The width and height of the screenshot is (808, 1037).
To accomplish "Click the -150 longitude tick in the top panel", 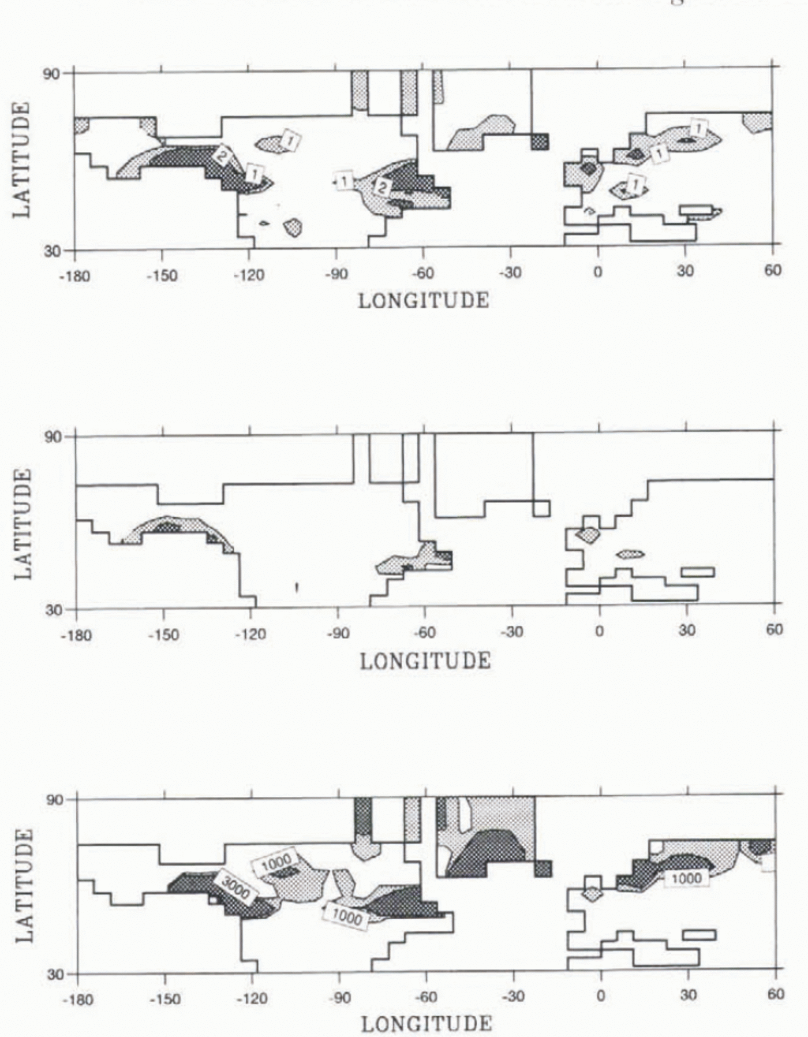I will [162, 275].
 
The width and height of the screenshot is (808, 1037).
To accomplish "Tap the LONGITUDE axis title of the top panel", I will [424, 301].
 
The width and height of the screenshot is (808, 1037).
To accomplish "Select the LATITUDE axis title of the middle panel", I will [22, 523].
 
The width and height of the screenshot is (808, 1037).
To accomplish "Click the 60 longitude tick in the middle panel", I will [775, 629].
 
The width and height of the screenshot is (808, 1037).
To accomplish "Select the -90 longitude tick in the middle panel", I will [338, 634].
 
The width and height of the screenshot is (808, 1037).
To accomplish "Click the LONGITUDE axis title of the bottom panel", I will [427, 1024].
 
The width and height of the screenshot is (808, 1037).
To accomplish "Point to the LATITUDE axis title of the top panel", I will [21, 160].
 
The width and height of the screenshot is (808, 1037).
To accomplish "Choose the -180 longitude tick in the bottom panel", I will [77, 999].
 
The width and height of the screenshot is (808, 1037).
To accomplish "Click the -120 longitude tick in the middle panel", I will [250, 635].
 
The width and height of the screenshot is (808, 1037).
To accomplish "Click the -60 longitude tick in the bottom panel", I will [427, 997].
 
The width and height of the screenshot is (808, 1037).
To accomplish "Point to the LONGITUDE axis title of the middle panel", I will [425, 661].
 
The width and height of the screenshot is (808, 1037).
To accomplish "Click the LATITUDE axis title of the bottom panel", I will [23, 886].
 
